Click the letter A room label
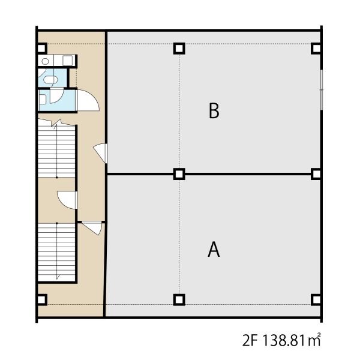click(214, 250)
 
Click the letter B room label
click(214, 110)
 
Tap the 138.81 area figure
click(284, 340)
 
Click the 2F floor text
click(250, 340)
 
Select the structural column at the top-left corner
click(41, 49)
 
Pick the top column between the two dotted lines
click(179, 49)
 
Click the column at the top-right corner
click(317, 49)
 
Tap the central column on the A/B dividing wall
click(179, 174)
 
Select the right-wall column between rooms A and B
click(317, 174)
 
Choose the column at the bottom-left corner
click(41, 299)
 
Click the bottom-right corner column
click(317, 299)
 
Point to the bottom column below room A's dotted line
click(179, 299)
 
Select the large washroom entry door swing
click(88, 100)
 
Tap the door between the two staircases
click(67, 200)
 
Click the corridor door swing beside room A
click(92, 228)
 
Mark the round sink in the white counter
click(45, 61)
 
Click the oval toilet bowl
click(50, 80)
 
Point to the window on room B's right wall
click(322, 89)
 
